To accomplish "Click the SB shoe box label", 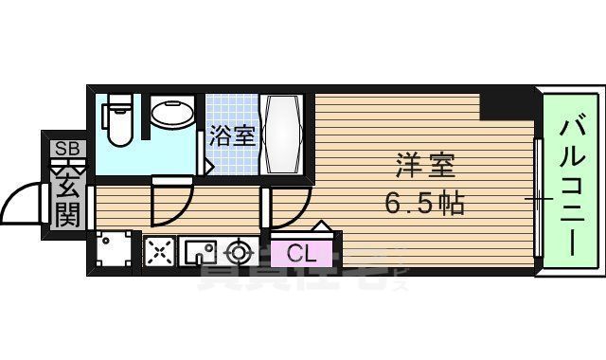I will [x=66, y=148].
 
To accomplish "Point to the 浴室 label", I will [x=232, y=135].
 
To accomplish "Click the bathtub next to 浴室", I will [x=282, y=133].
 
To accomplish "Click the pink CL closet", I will [x=300, y=253].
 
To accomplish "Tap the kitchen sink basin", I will [x=201, y=252].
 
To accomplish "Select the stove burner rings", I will [x=238, y=252].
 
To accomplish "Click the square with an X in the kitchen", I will [x=158, y=252].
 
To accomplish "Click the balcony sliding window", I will [x=538, y=199].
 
